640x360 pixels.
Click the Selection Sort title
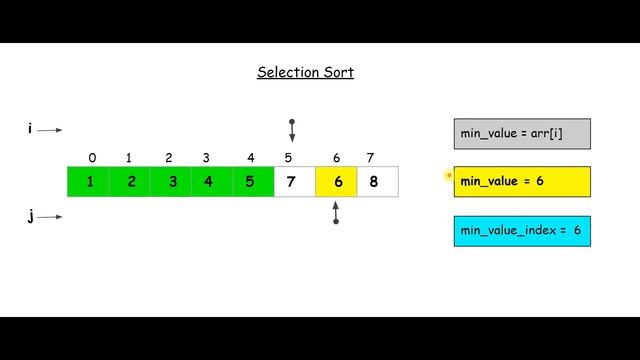coord(305,72)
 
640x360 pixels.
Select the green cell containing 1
coord(90,182)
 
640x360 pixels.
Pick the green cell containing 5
coord(251,182)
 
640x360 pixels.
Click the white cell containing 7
coord(291,182)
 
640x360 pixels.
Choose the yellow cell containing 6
coord(337,182)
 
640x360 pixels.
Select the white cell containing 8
coord(375,182)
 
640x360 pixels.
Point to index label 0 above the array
coord(92,158)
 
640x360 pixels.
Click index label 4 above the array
coord(250,158)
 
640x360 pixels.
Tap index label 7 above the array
coord(370,158)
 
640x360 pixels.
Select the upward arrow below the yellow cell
coord(336,212)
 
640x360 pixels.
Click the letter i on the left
coord(30,129)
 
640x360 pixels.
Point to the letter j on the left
coord(30,217)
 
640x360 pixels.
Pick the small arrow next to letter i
coord(51,130)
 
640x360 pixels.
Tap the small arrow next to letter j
coord(51,217)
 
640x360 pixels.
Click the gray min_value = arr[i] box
coord(522,133)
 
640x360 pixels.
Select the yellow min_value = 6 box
coord(522,182)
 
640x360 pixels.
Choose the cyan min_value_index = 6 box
coord(522,231)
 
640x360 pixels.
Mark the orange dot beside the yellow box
coord(448,176)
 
